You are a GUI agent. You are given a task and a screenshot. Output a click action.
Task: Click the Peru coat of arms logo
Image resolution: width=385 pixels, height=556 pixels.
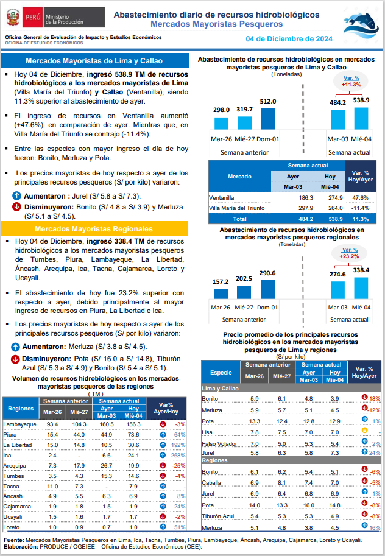tap(13, 17)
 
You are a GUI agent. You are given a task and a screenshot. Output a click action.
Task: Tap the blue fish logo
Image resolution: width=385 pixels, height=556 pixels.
tap(361, 26)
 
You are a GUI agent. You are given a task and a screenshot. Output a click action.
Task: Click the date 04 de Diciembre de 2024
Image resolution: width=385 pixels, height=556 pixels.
tap(289, 39)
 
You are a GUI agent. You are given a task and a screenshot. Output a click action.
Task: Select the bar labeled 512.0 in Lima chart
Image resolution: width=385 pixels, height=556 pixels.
tap(268, 119)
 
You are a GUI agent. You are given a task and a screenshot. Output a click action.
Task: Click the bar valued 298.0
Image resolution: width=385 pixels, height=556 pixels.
tap(221, 123)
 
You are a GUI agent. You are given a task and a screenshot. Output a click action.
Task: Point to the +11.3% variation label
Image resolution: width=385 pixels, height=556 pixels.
tap(351, 85)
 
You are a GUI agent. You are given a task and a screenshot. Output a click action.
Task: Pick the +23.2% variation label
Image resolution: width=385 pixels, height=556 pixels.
tap(349, 256)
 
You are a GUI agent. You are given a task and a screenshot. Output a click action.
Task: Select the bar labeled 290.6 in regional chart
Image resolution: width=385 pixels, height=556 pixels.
tap(267, 289)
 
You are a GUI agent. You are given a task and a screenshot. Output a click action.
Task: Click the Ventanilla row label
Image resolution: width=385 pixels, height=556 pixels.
tap(221, 198)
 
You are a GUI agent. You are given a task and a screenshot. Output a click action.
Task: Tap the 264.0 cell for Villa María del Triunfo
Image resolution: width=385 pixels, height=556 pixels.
tap(336, 208)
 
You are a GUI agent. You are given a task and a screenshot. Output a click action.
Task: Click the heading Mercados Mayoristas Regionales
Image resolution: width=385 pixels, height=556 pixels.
tap(94, 229)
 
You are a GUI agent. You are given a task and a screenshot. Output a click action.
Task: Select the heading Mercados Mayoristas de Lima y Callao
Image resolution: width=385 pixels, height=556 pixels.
tap(94, 61)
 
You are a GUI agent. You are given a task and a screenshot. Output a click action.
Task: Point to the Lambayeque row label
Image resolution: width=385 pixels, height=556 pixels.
tap(19, 424)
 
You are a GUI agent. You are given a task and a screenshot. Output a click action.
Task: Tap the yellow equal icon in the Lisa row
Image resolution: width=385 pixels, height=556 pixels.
tap(364, 431)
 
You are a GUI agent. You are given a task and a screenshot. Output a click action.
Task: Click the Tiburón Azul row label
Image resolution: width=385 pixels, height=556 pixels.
tap(218, 516)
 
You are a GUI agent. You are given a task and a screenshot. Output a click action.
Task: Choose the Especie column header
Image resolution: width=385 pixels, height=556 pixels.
tap(221, 372)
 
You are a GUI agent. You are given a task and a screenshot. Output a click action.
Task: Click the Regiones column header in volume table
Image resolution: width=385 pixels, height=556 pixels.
tap(21, 409)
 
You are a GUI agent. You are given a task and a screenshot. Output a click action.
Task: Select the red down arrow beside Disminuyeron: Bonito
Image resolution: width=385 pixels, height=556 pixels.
tap(16, 206)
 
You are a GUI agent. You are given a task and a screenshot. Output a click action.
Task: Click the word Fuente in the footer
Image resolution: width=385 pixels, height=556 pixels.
tap(14, 540)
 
